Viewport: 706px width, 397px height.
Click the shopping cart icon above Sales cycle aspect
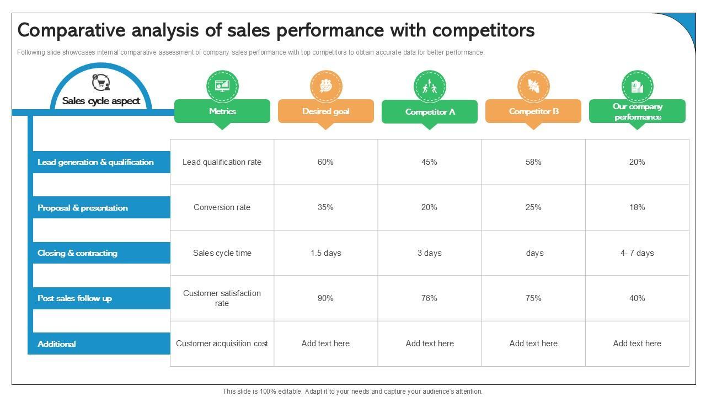(x=101, y=83)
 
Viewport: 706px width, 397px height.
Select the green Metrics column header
(x=222, y=111)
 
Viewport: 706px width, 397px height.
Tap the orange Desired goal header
(x=325, y=111)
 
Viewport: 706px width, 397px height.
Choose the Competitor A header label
(x=430, y=112)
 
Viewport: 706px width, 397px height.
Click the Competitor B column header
(x=533, y=111)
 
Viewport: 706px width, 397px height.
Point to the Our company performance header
(x=637, y=111)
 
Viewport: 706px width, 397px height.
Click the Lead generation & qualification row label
(x=95, y=162)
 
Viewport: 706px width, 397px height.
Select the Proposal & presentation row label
(x=83, y=208)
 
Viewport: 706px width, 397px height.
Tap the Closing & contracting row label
(x=77, y=253)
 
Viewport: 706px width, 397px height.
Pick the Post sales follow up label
(x=74, y=298)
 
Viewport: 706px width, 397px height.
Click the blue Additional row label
(x=57, y=344)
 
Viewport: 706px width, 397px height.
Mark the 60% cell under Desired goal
(x=325, y=162)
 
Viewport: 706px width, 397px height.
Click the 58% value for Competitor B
(x=533, y=162)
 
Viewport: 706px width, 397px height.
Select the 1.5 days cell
(x=325, y=253)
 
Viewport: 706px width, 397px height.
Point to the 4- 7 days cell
(x=637, y=253)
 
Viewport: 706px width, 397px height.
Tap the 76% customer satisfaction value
(x=429, y=298)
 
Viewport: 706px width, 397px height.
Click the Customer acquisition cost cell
(x=222, y=344)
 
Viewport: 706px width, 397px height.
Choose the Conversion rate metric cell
(x=222, y=207)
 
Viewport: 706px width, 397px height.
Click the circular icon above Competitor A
(x=430, y=86)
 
